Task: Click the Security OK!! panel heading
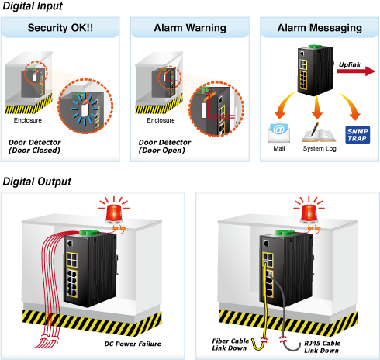tap(60, 28)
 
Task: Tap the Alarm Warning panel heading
tap(190, 28)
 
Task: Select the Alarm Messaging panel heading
tap(320, 28)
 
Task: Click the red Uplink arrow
tap(356, 71)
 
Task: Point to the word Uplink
tap(350, 64)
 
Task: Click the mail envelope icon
tap(278, 133)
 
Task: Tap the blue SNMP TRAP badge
tap(358, 135)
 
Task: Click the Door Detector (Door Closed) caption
tap(34, 147)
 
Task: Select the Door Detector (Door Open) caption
tap(164, 147)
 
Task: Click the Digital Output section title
tap(37, 182)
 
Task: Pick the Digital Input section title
tap(33, 6)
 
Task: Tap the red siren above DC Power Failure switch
tap(114, 210)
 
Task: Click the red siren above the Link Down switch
tap(309, 210)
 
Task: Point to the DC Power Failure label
tap(133, 344)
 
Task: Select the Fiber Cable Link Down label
tap(230, 344)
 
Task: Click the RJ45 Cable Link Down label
tap(322, 347)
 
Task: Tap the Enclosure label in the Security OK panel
tap(28, 120)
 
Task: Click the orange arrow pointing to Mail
tap(285, 106)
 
